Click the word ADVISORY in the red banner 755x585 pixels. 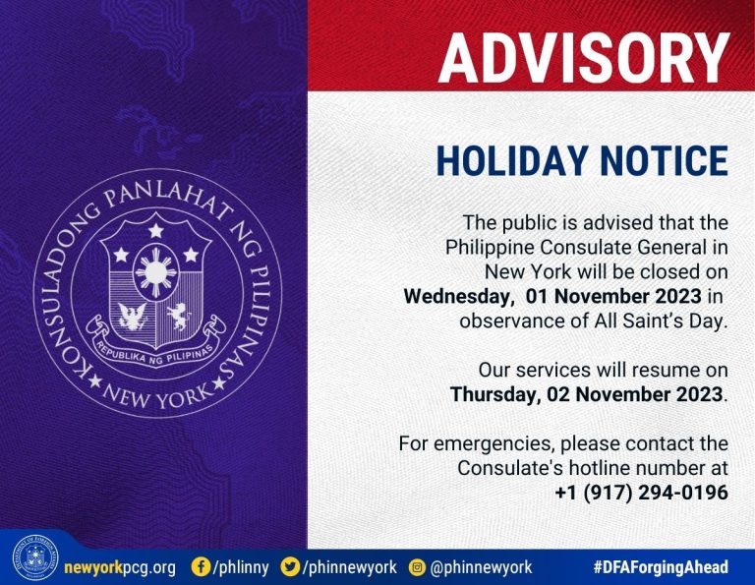point(584,58)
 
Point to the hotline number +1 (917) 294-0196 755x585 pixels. point(641,493)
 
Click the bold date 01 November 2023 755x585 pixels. point(613,296)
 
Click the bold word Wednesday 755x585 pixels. point(456,297)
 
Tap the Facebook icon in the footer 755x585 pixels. point(201,566)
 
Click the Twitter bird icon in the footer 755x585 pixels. point(290,566)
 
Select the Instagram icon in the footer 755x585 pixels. point(417,567)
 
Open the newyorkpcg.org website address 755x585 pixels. point(120,567)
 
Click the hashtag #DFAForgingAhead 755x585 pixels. point(661,567)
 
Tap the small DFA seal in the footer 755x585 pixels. point(35,558)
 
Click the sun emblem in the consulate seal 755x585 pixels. point(156,272)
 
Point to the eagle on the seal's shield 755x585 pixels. point(133,316)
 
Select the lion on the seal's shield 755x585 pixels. point(179,316)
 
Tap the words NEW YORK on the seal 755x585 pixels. point(157,396)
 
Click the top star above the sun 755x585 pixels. point(155,231)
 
